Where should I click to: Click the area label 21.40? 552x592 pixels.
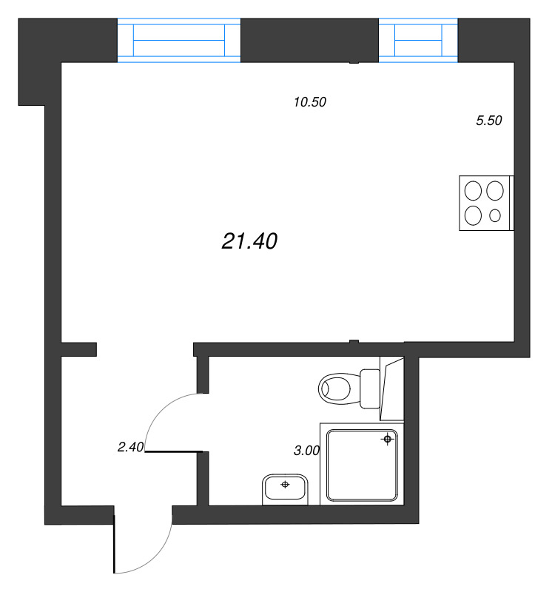249,240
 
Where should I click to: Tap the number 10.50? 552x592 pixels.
310,103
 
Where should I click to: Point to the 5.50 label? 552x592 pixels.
489,121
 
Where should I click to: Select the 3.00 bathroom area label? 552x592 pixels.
306,449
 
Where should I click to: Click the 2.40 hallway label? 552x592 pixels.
130,446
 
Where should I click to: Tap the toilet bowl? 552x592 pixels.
337,387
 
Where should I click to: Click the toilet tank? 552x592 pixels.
369,387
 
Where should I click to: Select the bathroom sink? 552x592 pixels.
285,489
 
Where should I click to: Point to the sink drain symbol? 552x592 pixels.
285,485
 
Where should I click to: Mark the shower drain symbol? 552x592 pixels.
387,440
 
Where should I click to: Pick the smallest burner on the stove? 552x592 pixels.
496,216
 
